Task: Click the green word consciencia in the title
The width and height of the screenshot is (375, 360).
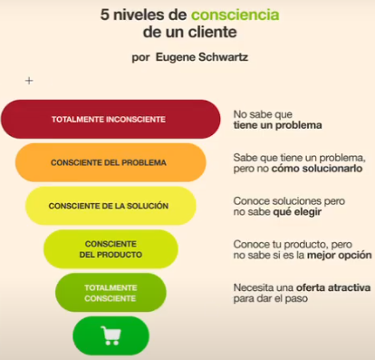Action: point(236,15)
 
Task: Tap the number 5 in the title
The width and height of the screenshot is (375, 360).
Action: point(104,15)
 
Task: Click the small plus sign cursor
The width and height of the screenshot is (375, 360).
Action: point(29,81)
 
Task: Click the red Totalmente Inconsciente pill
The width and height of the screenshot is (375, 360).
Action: point(111,119)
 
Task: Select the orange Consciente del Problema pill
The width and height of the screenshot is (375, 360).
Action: point(111,162)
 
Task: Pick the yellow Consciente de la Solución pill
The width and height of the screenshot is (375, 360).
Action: point(111,206)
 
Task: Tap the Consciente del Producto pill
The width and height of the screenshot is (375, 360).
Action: point(111,249)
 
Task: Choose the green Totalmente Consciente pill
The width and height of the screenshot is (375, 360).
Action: point(111,293)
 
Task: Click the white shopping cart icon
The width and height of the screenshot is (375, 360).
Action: point(111,336)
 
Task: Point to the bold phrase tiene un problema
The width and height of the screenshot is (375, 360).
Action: point(277,125)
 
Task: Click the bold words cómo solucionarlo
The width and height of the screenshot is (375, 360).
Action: point(317,169)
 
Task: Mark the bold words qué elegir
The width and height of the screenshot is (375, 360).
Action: point(297,212)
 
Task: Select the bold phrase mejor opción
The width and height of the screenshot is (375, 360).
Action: point(340,256)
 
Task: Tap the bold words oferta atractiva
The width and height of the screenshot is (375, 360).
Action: point(333,287)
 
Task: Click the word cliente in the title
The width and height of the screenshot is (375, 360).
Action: point(213,32)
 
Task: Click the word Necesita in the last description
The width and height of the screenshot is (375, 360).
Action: point(253,287)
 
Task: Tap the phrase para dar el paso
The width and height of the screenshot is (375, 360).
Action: point(271,298)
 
